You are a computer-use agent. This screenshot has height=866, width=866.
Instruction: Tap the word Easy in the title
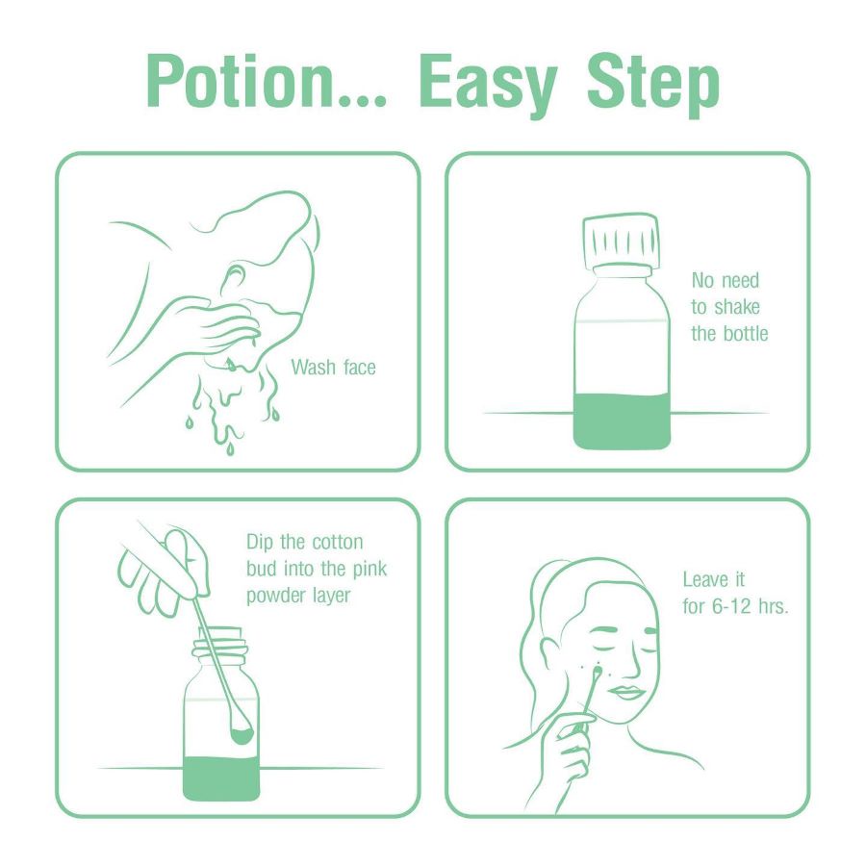coord(488,85)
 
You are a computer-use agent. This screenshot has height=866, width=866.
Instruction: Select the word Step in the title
coord(653,85)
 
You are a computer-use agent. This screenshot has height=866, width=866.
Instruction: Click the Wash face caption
coord(333,367)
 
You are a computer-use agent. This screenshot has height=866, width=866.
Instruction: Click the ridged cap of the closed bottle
coord(622,242)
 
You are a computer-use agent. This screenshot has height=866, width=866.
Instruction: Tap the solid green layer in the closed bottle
coord(622,420)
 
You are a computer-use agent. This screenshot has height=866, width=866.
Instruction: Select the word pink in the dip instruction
coord(369,570)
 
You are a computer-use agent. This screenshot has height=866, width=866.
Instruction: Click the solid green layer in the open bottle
coord(221,778)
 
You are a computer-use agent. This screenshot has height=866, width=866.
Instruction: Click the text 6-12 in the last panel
coord(732,606)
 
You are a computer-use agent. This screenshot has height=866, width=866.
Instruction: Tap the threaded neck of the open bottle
coord(218,650)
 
